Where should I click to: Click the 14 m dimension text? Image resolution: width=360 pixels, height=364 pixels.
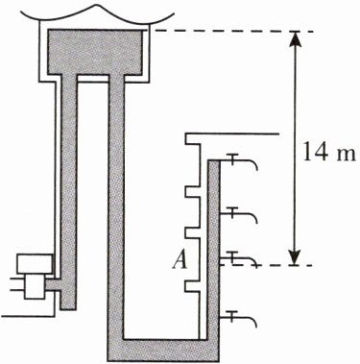329,151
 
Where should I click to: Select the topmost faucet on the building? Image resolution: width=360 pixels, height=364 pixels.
239,162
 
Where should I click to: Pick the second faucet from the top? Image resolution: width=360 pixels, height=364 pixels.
239,215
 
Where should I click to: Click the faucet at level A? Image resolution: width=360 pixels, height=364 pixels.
239,259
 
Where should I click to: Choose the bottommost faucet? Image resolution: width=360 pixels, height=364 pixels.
239,319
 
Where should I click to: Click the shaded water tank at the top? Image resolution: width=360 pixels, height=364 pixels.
95,52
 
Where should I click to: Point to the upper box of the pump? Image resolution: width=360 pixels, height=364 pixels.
35,264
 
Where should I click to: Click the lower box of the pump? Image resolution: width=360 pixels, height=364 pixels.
35,286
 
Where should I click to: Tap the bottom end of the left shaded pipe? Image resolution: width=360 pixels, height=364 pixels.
67,308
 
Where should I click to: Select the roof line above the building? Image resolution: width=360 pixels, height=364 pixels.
232,133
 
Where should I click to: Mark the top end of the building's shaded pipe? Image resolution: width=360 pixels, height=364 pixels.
214,160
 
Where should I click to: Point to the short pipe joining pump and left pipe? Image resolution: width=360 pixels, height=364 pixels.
53,284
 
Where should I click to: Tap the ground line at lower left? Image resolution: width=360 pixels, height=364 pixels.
27,316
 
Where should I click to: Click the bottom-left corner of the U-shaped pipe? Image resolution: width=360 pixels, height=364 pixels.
108,360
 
